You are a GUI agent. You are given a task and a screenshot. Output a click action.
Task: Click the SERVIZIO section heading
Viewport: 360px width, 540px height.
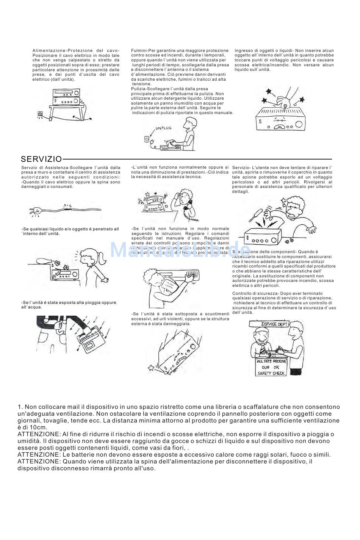[41, 159]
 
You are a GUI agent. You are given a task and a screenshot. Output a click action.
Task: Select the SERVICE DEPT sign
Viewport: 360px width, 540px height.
[274, 324]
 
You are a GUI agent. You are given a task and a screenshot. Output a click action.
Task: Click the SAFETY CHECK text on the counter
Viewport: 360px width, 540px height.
[271, 373]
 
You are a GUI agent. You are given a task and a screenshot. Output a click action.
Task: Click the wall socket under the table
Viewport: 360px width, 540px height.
[40, 113]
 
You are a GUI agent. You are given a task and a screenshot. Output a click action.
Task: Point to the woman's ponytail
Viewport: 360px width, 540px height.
[103, 259]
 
